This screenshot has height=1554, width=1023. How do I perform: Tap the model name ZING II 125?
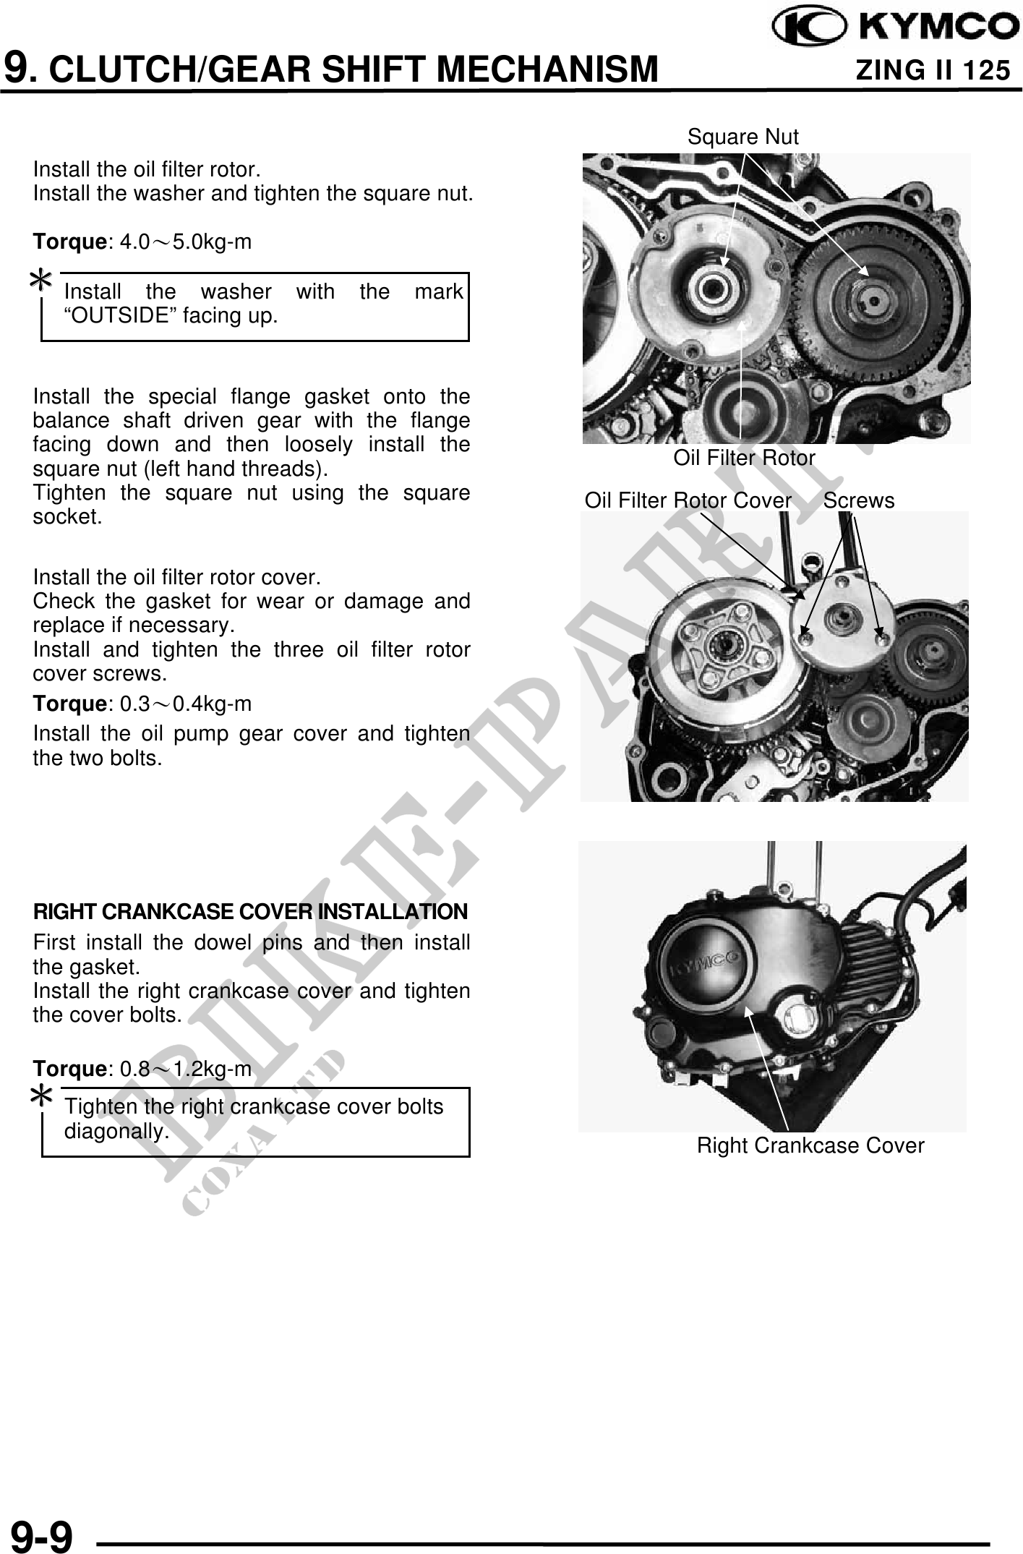click(933, 70)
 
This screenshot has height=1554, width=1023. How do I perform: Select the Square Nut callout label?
click(743, 137)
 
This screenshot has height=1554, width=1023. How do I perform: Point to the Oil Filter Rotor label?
click(744, 458)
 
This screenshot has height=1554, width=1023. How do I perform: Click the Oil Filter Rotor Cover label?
click(688, 500)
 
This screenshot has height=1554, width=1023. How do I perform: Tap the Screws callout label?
click(859, 500)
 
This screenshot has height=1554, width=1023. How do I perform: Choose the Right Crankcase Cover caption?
click(810, 1145)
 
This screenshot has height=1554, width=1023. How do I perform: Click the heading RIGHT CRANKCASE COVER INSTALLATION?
click(251, 912)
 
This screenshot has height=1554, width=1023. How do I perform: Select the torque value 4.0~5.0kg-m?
click(186, 242)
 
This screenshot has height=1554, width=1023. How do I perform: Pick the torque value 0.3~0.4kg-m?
click(186, 704)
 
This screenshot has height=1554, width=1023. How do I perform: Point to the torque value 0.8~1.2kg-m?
click(186, 1069)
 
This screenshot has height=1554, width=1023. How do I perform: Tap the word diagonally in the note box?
click(117, 1132)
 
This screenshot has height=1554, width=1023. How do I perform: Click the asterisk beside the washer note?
click(41, 281)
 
